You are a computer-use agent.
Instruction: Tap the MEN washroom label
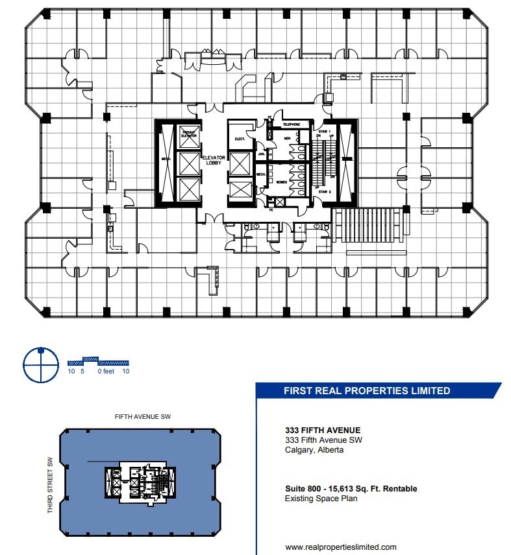click(287, 137)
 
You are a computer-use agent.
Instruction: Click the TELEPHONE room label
click(290, 124)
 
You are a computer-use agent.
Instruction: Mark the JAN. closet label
click(260, 154)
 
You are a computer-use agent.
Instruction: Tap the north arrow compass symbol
click(41, 365)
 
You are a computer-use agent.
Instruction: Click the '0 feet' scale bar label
click(105, 372)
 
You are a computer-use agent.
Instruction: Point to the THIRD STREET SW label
click(49, 486)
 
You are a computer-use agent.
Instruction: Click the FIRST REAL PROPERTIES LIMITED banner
click(367, 391)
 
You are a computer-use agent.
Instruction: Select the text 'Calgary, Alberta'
click(314, 450)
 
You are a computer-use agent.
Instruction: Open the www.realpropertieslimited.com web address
click(340, 547)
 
